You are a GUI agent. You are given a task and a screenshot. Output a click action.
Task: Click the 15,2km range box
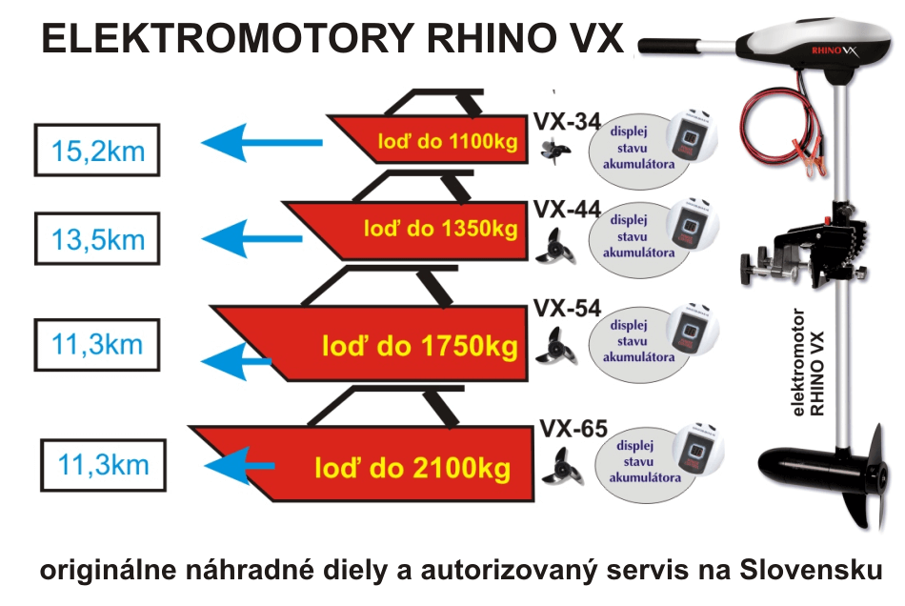98,150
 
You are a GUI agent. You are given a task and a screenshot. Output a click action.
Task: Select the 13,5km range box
98,238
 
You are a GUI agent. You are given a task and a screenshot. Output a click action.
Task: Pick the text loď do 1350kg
440,229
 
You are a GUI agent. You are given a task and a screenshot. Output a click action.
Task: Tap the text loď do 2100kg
412,468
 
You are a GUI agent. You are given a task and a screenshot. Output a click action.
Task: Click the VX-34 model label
567,122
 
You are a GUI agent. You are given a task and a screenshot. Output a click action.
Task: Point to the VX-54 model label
567,308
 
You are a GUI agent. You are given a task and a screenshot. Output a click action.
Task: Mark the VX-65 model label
573,429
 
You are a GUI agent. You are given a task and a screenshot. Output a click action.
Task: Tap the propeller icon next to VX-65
561,468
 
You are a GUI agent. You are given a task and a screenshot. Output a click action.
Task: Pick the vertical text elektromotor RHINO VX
809,363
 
